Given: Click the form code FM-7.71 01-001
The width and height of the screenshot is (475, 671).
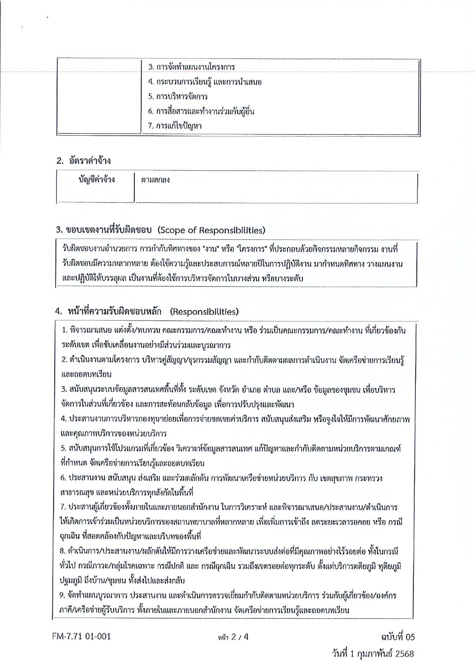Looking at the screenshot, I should tap(82, 637).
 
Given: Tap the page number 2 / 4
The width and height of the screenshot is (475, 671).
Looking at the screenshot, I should tap(232, 637).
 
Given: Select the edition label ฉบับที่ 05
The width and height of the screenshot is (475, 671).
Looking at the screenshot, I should tap(395, 637).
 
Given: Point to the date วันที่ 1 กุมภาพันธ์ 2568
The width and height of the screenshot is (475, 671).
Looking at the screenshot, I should tap(373, 654).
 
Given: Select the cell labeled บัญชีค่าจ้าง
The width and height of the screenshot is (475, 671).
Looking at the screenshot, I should tap(96, 180).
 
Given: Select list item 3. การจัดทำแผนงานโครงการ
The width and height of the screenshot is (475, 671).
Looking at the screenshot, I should tap(191, 67).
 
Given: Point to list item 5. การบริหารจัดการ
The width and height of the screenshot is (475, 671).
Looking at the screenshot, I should tap(178, 96).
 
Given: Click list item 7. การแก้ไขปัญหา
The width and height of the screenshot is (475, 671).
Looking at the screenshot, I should tap(175, 126).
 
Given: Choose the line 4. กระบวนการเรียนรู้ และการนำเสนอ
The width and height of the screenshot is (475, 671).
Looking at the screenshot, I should tap(205, 82).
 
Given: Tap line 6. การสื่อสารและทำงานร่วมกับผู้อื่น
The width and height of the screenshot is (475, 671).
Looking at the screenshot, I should tap(201, 111).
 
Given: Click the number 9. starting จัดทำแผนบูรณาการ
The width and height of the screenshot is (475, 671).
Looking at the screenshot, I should tap(64, 596).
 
